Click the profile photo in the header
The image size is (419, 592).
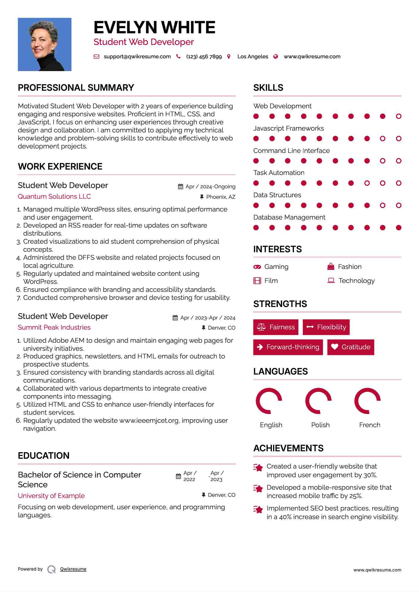tap(45, 44)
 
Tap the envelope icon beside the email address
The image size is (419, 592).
tap(96, 57)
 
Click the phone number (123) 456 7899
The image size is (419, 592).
tap(204, 57)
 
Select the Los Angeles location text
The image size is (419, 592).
tap(253, 57)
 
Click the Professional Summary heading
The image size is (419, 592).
tap(76, 88)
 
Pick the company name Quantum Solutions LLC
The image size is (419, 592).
tap(54, 196)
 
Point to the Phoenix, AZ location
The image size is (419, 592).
tap(221, 197)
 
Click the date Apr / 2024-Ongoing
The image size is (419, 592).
tap(210, 187)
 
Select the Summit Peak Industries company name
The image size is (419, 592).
tap(54, 327)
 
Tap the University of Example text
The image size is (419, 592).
tap(51, 496)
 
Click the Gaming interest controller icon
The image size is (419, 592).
tap(257, 267)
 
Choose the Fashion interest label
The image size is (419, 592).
tap(350, 267)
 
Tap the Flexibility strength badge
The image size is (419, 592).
tap(326, 327)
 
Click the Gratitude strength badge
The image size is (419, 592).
tap(351, 347)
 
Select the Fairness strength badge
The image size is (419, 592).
tap(276, 327)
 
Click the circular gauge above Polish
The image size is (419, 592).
tap(318, 401)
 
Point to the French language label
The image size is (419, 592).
tap(370, 425)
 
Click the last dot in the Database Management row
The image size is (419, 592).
tap(399, 228)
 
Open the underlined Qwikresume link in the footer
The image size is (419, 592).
tap(73, 569)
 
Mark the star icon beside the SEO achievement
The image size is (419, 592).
tap(258, 510)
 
